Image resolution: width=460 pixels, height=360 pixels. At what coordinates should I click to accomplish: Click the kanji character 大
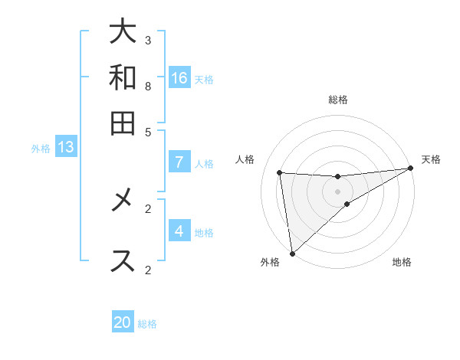tap(123, 33)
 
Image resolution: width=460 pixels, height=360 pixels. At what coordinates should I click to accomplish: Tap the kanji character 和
tap(123, 77)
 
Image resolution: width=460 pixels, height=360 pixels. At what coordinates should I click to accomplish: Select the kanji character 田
tap(123, 123)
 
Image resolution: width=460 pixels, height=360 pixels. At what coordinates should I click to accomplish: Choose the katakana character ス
tap(123, 260)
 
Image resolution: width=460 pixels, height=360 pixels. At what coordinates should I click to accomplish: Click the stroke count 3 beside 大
tap(148, 40)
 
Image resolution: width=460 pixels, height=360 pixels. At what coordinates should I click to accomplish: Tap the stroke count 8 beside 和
tap(148, 86)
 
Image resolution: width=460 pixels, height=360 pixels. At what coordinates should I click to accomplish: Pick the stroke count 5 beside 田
tap(148, 131)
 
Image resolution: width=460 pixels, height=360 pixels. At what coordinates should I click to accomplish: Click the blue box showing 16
tap(179, 77)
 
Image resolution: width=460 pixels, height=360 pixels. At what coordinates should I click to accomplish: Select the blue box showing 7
tap(179, 162)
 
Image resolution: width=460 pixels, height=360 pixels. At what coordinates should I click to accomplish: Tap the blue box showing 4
tap(179, 231)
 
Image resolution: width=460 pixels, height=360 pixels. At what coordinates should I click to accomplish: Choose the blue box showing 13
tap(65, 148)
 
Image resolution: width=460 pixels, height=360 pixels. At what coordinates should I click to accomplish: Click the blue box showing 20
tap(123, 322)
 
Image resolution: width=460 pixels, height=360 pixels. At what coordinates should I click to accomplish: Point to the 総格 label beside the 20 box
tap(147, 324)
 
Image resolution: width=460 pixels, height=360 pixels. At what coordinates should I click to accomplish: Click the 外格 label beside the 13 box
tap(41, 149)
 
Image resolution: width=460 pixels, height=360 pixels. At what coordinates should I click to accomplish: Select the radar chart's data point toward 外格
tap(292, 254)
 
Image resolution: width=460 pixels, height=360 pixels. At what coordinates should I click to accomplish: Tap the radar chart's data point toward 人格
tap(279, 172)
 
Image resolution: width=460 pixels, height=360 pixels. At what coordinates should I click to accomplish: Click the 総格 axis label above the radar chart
tap(338, 100)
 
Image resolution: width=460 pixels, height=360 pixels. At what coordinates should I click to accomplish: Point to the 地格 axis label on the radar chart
tap(402, 263)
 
